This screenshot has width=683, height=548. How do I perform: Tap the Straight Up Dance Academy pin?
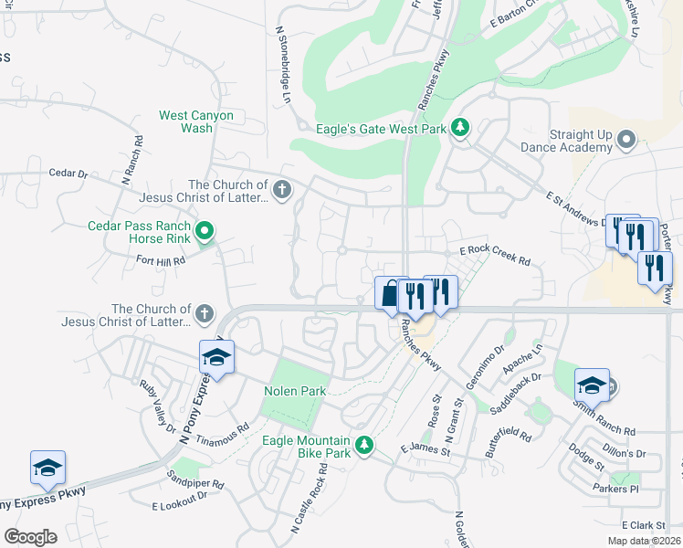click(625, 140)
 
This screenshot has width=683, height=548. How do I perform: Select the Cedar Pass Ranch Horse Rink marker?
click(205, 232)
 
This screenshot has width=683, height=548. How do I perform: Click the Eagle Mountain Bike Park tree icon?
click(364, 445)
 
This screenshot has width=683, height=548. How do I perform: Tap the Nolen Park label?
click(294, 391)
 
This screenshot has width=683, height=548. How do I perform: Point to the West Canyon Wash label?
click(196, 121)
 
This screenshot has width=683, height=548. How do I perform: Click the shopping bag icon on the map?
click(390, 294)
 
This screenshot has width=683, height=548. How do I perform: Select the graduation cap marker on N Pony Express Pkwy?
click(216, 356)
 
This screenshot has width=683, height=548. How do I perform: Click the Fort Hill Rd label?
click(161, 260)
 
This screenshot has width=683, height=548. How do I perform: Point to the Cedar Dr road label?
click(68, 173)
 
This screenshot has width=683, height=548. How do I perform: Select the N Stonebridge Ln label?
click(283, 64)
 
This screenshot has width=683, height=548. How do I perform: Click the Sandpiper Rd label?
click(194, 479)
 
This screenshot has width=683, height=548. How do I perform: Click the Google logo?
click(30, 537)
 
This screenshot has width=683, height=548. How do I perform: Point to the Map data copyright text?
click(643, 541)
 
